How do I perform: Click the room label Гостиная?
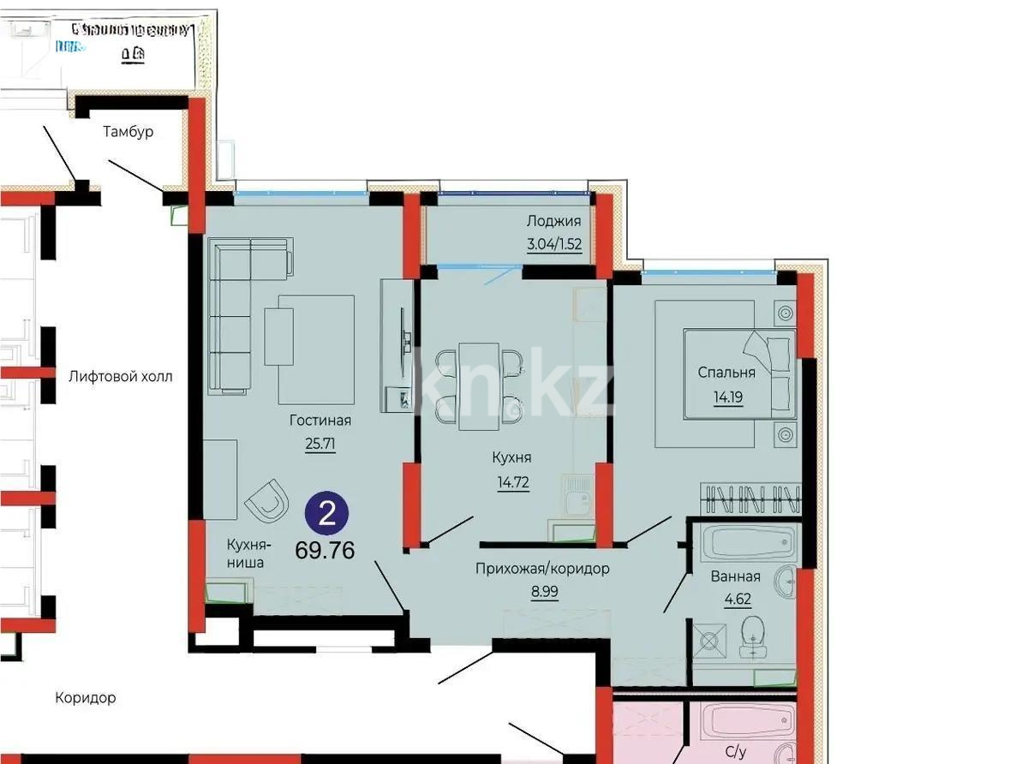pyautogui.click(x=320, y=421)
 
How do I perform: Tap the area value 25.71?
pyautogui.click(x=320, y=445)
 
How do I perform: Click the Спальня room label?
pyautogui.click(x=726, y=373)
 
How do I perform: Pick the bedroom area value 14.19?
pyautogui.click(x=726, y=397)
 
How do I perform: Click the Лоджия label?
pyautogui.click(x=553, y=221)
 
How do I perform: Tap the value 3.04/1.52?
pyautogui.click(x=553, y=244)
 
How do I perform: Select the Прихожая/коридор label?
pyautogui.click(x=543, y=569)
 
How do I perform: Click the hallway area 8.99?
pyautogui.click(x=543, y=592)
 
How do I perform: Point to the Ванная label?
pyautogui.click(x=735, y=576)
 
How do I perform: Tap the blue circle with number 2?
pyautogui.click(x=326, y=514)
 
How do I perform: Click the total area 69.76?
pyautogui.click(x=325, y=550)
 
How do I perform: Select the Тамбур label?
pyautogui.click(x=128, y=132)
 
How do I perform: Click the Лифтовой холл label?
pyautogui.click(x=121, y=376)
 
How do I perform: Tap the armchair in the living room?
pyautogui.click(x=267, y=499)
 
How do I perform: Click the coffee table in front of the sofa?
pyautogui.click(x=278, y=337)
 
